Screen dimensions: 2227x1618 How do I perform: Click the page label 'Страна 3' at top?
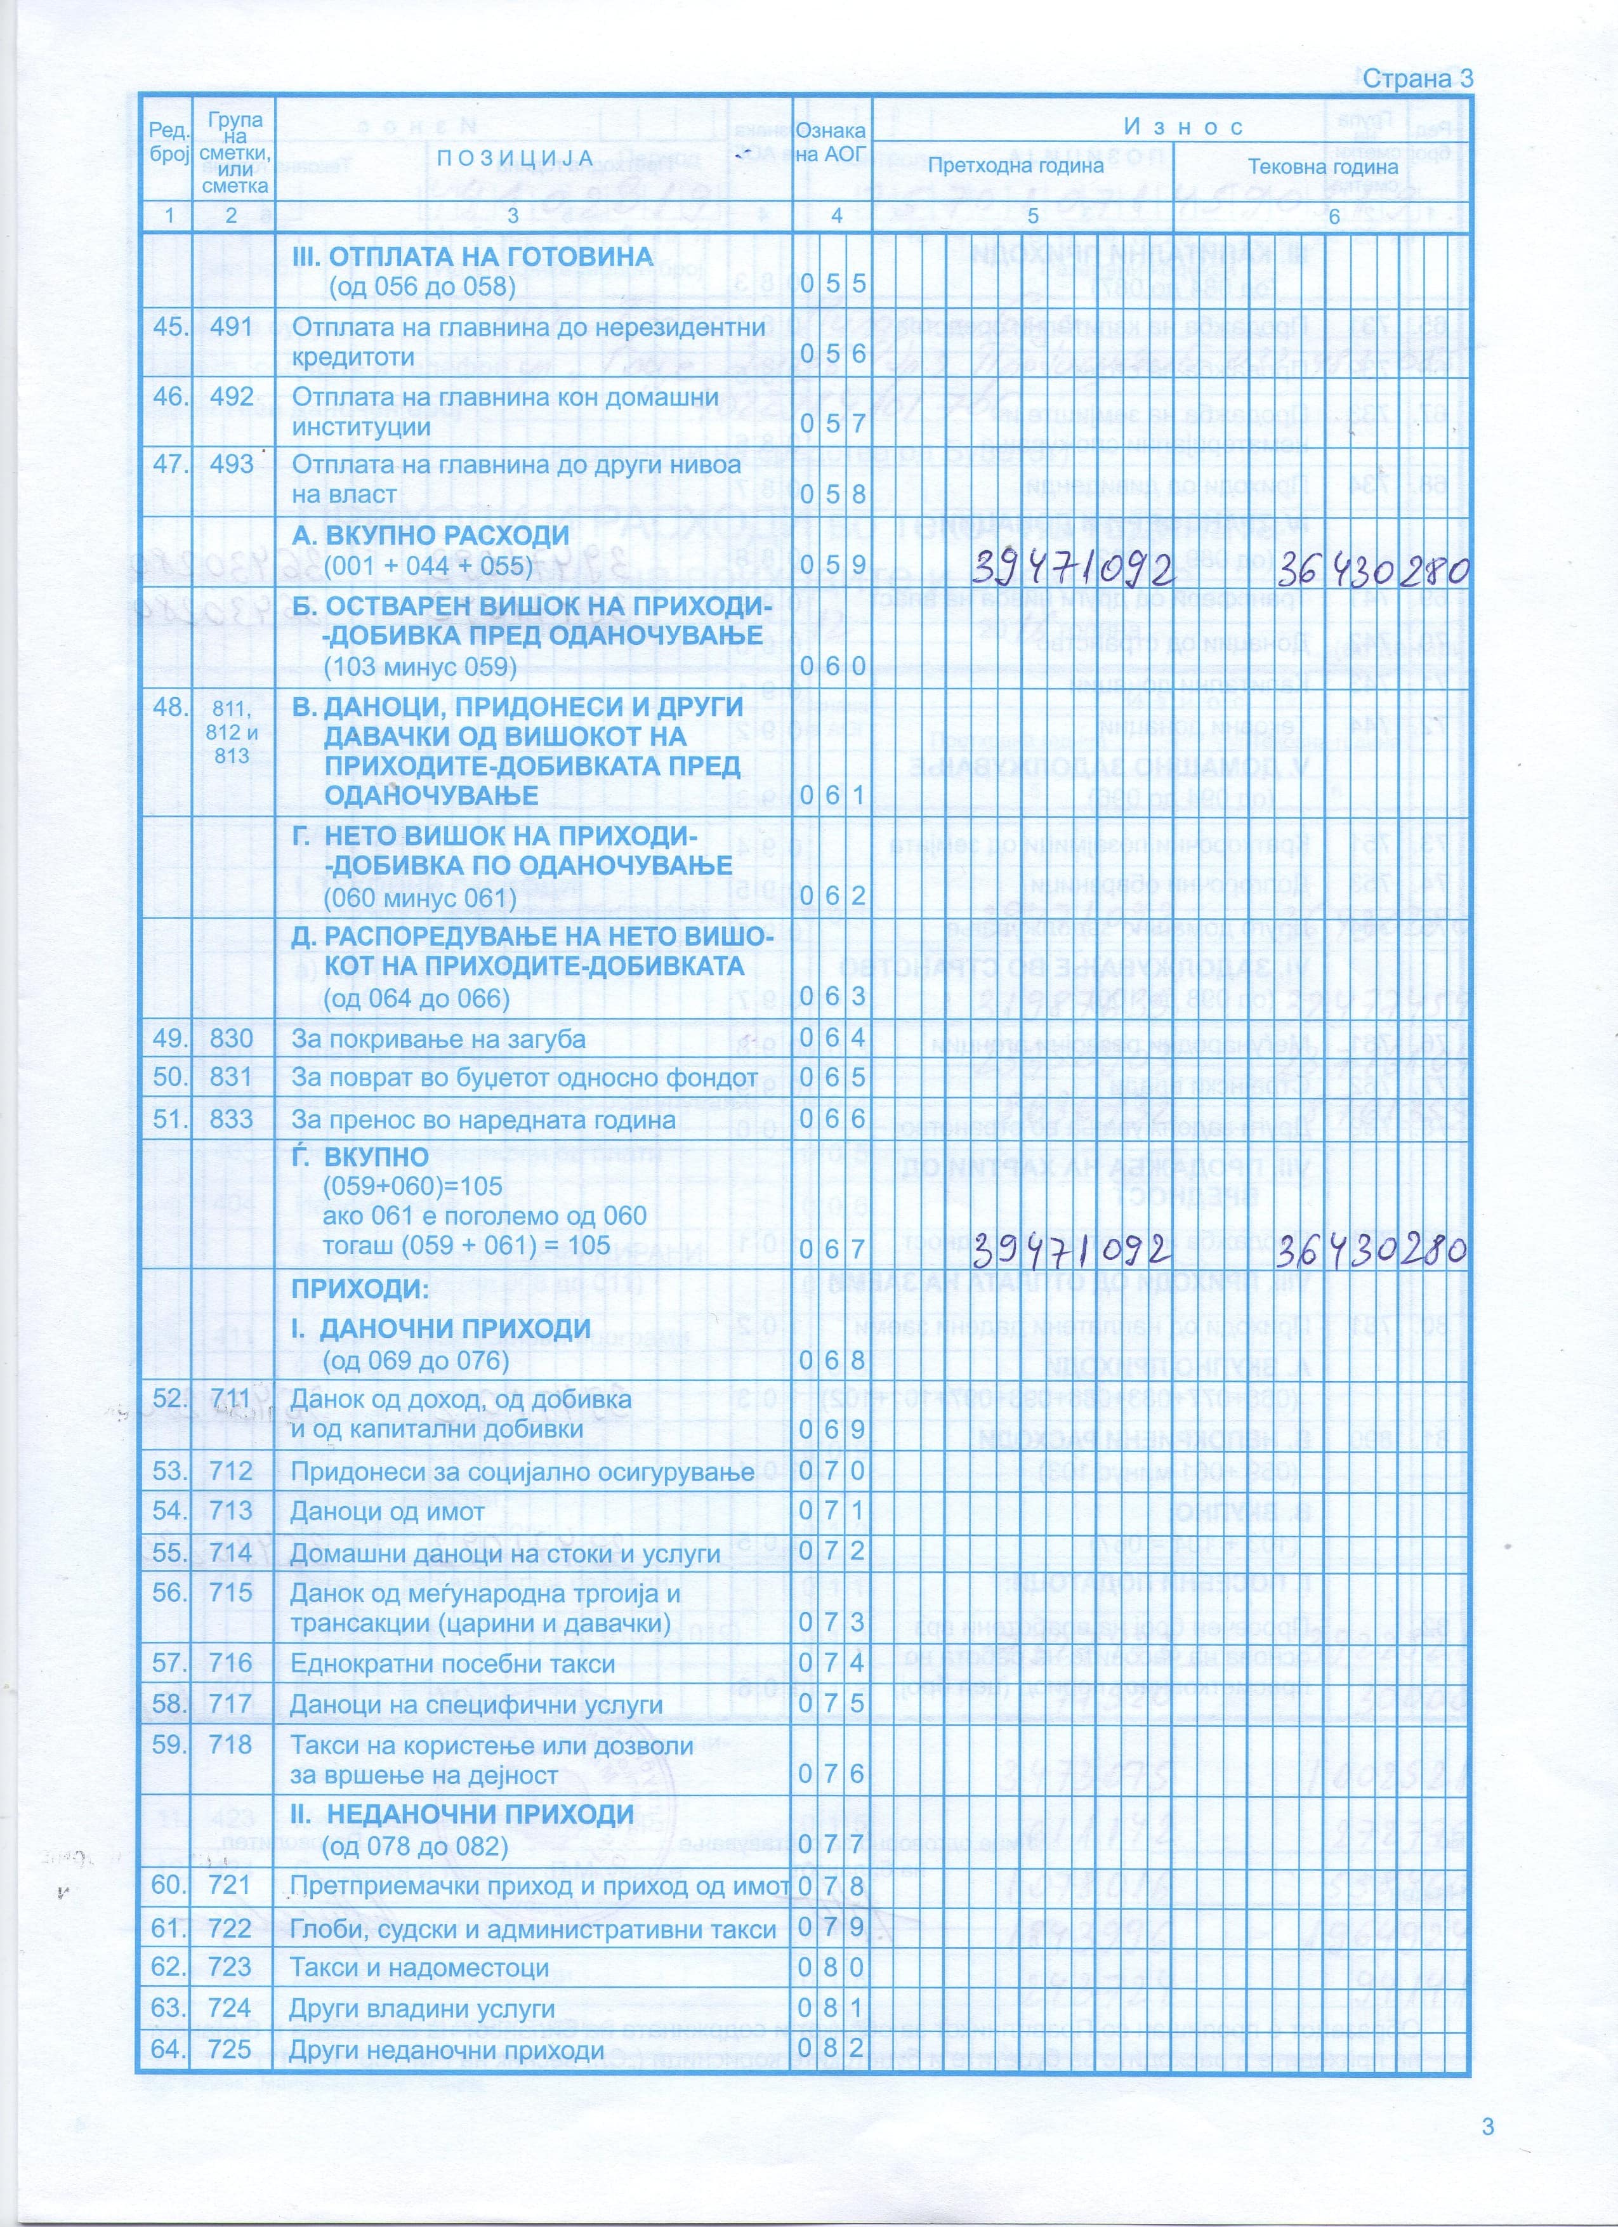[x=1417, y=79]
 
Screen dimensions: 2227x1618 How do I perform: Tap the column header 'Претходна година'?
[x=1015, y=166]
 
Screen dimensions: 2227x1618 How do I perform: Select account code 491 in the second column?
[x=231, y=327]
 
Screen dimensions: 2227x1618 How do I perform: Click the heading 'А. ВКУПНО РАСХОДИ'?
[x=432, y=536]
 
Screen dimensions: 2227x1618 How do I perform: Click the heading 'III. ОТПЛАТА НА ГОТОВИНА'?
[x=473, y=256]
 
